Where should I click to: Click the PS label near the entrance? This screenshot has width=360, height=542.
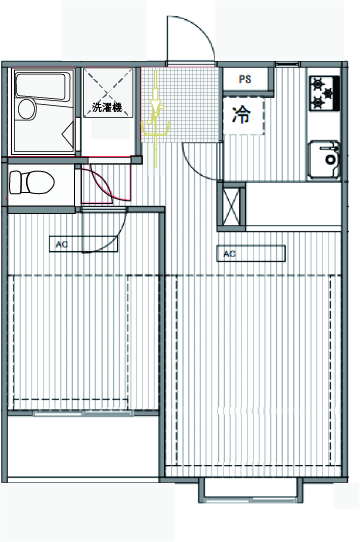pos(245,79)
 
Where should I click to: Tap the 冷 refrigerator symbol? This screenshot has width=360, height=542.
pos(241,115)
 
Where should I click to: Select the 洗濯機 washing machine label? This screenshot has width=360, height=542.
pos(107,107)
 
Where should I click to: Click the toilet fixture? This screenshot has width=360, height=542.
pos(31,182)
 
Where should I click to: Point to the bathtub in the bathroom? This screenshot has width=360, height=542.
pos(41,86)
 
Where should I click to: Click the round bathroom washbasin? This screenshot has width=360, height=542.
pos(27,109)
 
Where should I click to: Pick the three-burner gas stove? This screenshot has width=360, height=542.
pos(324,93)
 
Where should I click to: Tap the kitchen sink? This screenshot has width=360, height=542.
pos(324,159)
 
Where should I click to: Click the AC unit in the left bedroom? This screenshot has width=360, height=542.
pos(83,244)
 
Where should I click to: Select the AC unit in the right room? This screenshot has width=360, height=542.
pos(251,253)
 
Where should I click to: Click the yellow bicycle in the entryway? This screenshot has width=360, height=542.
pos(156,119)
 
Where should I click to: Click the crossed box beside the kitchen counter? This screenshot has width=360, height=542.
pos(231,207)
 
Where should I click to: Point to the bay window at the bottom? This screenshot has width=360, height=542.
pos(251,490)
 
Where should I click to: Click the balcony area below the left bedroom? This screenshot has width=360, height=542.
pos(83,446)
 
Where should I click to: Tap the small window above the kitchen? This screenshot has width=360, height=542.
pos(288,64)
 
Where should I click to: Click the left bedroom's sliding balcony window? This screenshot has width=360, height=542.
pos(83,413)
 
